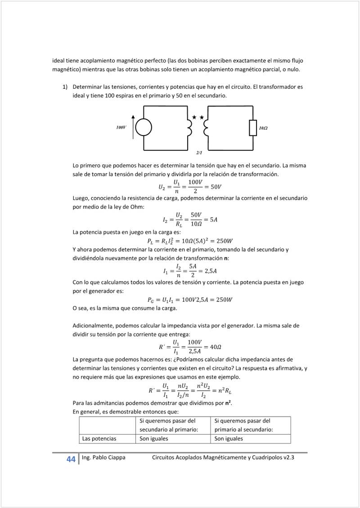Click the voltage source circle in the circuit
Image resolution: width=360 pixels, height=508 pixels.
(144, 128)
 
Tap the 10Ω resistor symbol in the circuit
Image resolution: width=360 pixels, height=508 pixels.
(253, 128)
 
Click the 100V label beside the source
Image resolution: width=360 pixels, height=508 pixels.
(121, 128)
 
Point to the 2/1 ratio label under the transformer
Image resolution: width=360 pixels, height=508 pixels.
(199, 153)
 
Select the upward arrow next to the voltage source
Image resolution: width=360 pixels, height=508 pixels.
(133, 127)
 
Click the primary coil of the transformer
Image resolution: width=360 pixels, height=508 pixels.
(189, 128)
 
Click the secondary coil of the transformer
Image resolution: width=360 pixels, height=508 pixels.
(206, 128)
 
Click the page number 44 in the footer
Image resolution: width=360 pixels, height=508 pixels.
(71, 459)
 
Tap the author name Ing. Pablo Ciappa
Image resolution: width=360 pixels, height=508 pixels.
(103, 458)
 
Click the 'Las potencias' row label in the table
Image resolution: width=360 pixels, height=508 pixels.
(99, 438)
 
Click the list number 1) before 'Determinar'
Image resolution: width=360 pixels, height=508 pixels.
(65, 86)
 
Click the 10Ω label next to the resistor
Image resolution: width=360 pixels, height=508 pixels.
(263, 128)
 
